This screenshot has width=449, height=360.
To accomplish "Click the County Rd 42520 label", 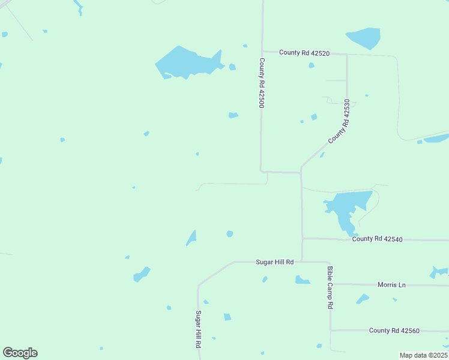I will (304, 53).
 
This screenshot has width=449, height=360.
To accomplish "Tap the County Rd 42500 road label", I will (262, 83).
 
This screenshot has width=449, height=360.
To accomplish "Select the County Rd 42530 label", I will (339, 122).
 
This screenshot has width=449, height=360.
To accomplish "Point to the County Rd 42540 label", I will (377, 239).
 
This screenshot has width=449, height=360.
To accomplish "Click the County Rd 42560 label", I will (394, 331).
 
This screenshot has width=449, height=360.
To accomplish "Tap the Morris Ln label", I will (391, 284).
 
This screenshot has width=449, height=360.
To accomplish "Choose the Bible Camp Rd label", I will (330, 287).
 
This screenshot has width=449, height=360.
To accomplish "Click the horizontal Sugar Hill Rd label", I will (275, 262).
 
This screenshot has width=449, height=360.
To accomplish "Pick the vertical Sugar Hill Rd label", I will (197, 329).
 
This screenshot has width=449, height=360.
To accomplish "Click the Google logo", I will (20, 353).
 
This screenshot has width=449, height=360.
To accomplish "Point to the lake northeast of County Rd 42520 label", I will (364, 38).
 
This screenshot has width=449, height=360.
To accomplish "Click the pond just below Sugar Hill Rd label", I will (302, 280).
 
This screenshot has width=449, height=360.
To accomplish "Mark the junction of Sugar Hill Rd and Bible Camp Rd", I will (328, 262).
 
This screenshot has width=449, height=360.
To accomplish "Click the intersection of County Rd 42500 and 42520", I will (262, 52).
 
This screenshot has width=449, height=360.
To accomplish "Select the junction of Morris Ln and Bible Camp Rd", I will (330, 284).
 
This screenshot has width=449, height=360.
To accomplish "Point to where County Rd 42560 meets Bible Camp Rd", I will (330, 330).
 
